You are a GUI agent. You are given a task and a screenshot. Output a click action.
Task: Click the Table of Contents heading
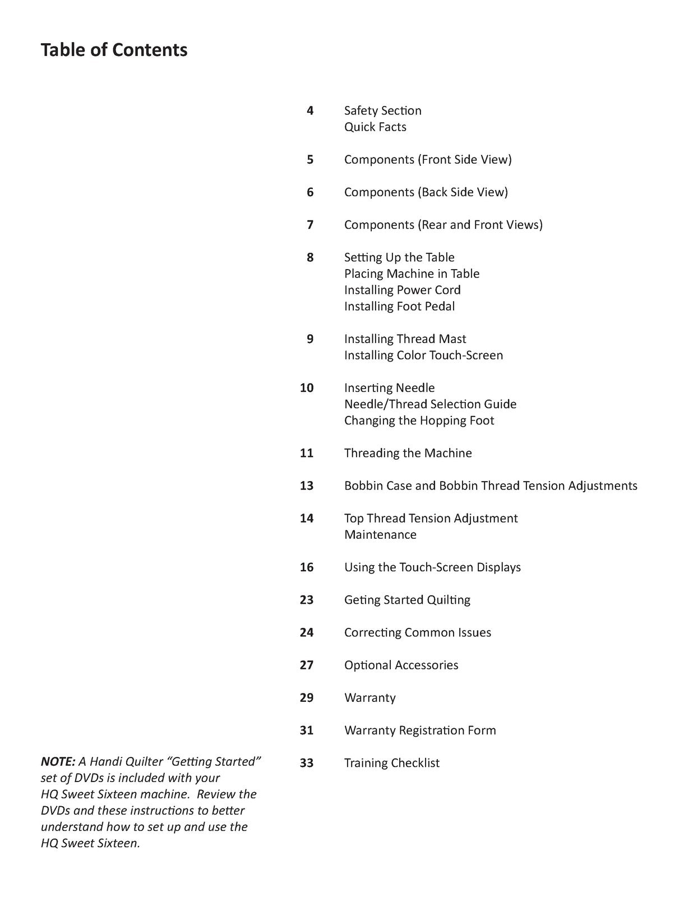(x=114, y=50)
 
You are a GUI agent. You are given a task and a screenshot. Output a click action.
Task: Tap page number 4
(x=310, y=110)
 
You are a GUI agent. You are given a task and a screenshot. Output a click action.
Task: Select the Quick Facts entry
(x=375, y=127)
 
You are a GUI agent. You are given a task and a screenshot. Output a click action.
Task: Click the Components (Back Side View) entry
(x=426, y=192)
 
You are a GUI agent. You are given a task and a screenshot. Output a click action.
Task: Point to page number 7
(x=310, y=225)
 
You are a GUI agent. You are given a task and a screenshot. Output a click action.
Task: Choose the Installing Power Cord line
(x=402, y=290)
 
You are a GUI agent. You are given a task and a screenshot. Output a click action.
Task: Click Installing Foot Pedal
(x=399, y=306)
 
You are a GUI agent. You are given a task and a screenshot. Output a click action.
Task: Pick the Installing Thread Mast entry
(x=405, y=339)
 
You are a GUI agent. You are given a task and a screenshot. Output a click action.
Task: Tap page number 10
(x=307, y=388)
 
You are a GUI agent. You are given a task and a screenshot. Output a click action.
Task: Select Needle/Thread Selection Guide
(x=430, y=404)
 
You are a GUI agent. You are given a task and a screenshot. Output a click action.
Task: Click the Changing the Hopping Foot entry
(x=419, y=420)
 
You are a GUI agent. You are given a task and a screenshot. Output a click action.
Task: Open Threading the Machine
(x=408, y=453)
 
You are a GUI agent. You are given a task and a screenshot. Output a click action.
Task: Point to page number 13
(x=307, y=486)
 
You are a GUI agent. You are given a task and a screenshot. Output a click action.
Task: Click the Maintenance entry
(x=380, y=534)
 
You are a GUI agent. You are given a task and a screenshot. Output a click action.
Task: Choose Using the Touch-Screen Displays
(x=432, y=567)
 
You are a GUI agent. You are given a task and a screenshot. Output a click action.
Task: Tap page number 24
(x=307, y=632)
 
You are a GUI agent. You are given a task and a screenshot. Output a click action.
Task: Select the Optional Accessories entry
(x=401, y=665)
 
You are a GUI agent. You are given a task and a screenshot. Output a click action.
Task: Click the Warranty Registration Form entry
(x=420, y=730)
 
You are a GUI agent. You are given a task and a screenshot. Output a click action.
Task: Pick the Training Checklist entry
(x=391, y=763)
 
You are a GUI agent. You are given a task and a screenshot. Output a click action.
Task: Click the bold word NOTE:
(x=58, y=761)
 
